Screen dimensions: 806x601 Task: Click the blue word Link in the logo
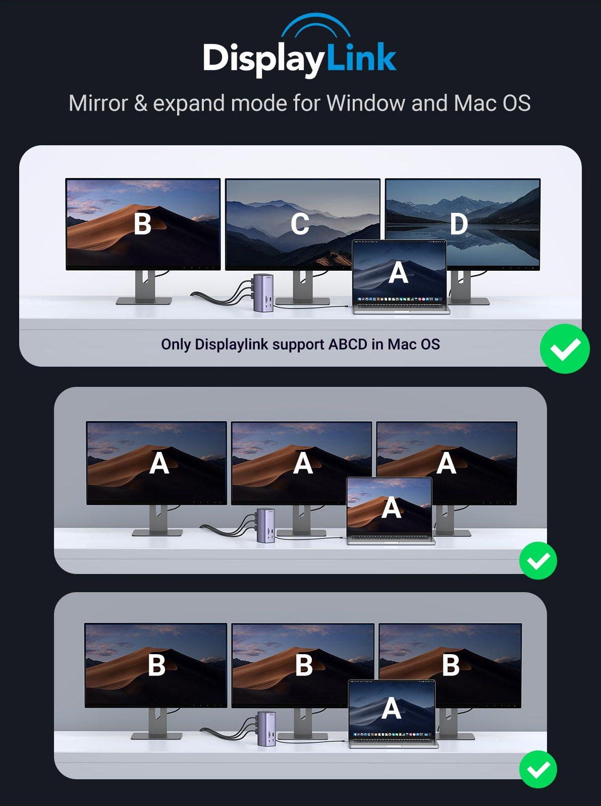361,57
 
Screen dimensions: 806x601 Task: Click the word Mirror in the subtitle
98,103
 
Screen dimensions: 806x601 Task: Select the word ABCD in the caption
348,344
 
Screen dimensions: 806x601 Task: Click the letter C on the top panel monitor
300,224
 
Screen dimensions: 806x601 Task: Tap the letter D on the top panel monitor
459,224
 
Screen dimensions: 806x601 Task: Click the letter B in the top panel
142,224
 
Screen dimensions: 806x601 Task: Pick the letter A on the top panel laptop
398,273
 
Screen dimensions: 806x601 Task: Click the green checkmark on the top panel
565,349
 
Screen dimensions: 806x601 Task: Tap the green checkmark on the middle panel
538,561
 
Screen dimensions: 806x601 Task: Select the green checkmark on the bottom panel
538,769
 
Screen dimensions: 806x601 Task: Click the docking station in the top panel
263,293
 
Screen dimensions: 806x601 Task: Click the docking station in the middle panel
266,525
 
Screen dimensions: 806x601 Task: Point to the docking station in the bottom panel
266,728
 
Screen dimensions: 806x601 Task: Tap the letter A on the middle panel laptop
392,508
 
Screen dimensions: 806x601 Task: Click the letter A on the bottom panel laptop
392,709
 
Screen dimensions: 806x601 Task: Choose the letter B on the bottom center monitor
304,666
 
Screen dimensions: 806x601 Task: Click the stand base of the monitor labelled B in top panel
144,301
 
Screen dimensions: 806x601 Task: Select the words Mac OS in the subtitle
492,103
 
